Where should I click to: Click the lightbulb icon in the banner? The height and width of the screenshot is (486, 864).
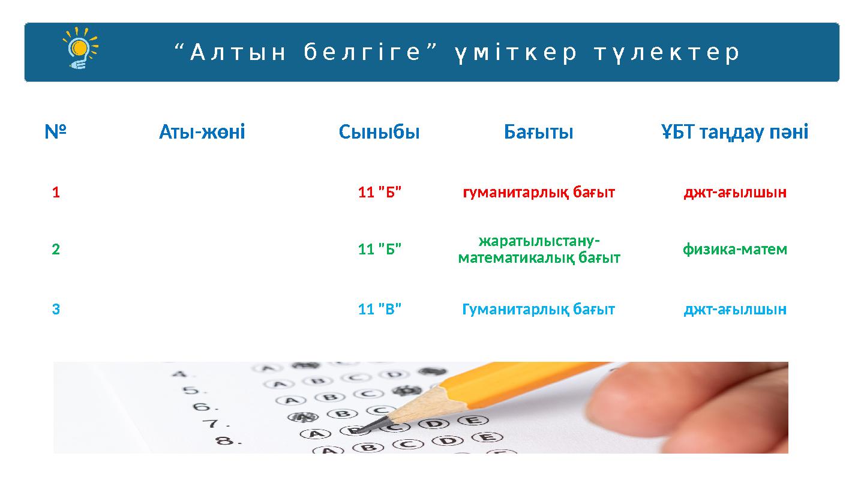[x=80, y=48]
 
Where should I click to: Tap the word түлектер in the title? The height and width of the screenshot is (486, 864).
[x=667, y=53]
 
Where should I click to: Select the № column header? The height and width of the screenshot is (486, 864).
[x=55, y=131]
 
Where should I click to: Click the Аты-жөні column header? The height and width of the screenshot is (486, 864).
[x=202, y=131]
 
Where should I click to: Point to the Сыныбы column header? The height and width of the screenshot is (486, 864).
[x=379, y=131]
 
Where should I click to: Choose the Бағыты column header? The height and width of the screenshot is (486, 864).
[x=538, y=131]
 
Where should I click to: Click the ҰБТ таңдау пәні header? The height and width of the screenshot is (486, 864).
[x=734, y=131]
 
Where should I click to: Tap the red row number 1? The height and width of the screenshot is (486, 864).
[x=56, y=193]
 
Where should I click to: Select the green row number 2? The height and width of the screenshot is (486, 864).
[x=56, y=249]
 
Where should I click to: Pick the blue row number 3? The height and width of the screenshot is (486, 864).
[x=56, y=310]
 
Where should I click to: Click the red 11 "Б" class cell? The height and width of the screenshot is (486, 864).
[x=379, y=193]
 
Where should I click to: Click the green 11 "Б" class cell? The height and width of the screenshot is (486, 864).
[x=379, y=249]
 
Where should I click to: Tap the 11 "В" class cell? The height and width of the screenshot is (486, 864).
[x=379, y=310]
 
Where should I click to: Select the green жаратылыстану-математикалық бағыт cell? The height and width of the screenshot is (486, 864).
[x=539, y=249]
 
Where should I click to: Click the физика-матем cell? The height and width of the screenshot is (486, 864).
[x=734, y=249]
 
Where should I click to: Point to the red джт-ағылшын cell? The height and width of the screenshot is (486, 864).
[x=734, y=193]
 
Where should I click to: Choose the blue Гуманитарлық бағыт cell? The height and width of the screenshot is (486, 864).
[x=538, y=310]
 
